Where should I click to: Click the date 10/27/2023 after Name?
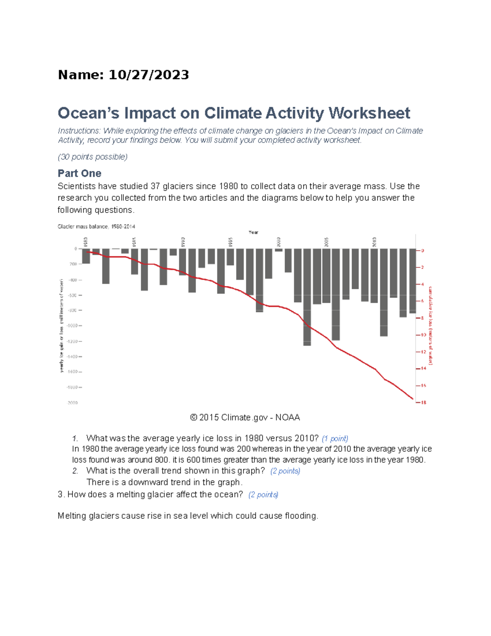[149, 75]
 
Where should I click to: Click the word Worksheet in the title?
[369, 113]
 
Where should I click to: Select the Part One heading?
[79, 173]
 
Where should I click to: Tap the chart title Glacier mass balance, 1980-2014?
[96, 226]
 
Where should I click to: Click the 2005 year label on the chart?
[326, 241]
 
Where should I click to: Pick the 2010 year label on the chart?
[374, 241]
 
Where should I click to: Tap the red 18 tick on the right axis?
[423, 403]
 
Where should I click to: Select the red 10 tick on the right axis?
[423, 335]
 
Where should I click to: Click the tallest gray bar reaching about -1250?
[307, 297]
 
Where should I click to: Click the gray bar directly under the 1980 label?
[86, 256]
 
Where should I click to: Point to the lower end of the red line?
[412, 398]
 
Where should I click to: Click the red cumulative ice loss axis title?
[430, 326]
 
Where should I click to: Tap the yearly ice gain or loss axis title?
[62, 326]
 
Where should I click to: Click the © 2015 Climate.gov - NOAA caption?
[245, 417]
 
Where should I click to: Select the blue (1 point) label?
[335, 439]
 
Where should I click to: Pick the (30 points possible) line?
[92, 157]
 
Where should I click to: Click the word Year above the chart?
[253, 232]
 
